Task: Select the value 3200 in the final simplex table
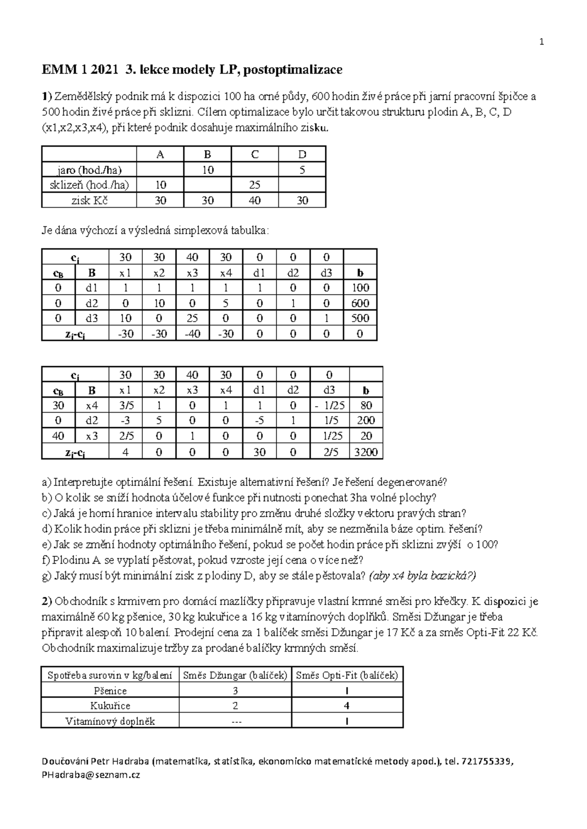tap(366, 452)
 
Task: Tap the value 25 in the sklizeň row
tap(254, 185)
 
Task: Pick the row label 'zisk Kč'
tap(90, 200)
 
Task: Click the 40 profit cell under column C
tap(254, 200)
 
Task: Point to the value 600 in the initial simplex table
tap(360, 303)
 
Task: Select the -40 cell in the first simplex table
tap(192, 333)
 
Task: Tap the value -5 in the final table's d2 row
tap(259, 420)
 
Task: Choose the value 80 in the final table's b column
tap(366, 405)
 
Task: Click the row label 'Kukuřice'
tap(110, 706)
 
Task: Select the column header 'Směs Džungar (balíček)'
tap(235, 676)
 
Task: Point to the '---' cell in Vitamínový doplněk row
tap(235, 721)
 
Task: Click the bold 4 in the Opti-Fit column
tap(347, 706)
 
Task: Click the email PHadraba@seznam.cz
tap(91, 775)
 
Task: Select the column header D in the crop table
tap(302, 154)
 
